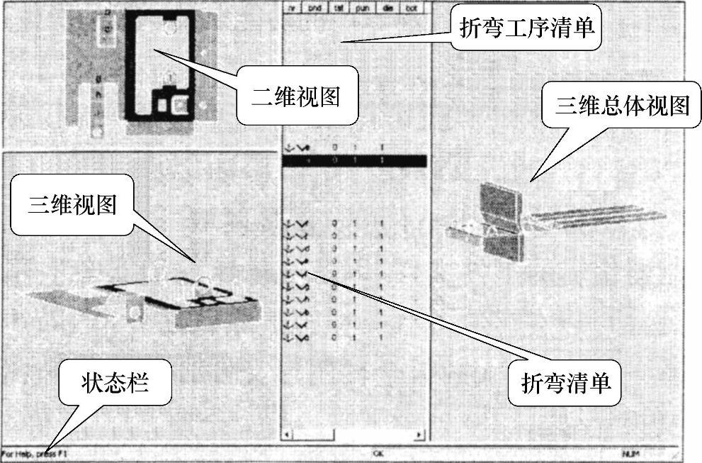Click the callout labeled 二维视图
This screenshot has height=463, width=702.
point(297,97)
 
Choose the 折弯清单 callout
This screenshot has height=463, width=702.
point(565,384)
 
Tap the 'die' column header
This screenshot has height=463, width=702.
point(388,8)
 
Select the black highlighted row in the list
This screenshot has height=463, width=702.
point(354,161)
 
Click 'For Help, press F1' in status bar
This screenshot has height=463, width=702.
point(35,452)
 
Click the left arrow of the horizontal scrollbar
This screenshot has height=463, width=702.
point(287,434)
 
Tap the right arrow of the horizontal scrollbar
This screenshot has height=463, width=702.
point(419,434)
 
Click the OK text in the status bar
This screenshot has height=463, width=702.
point(378,452)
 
